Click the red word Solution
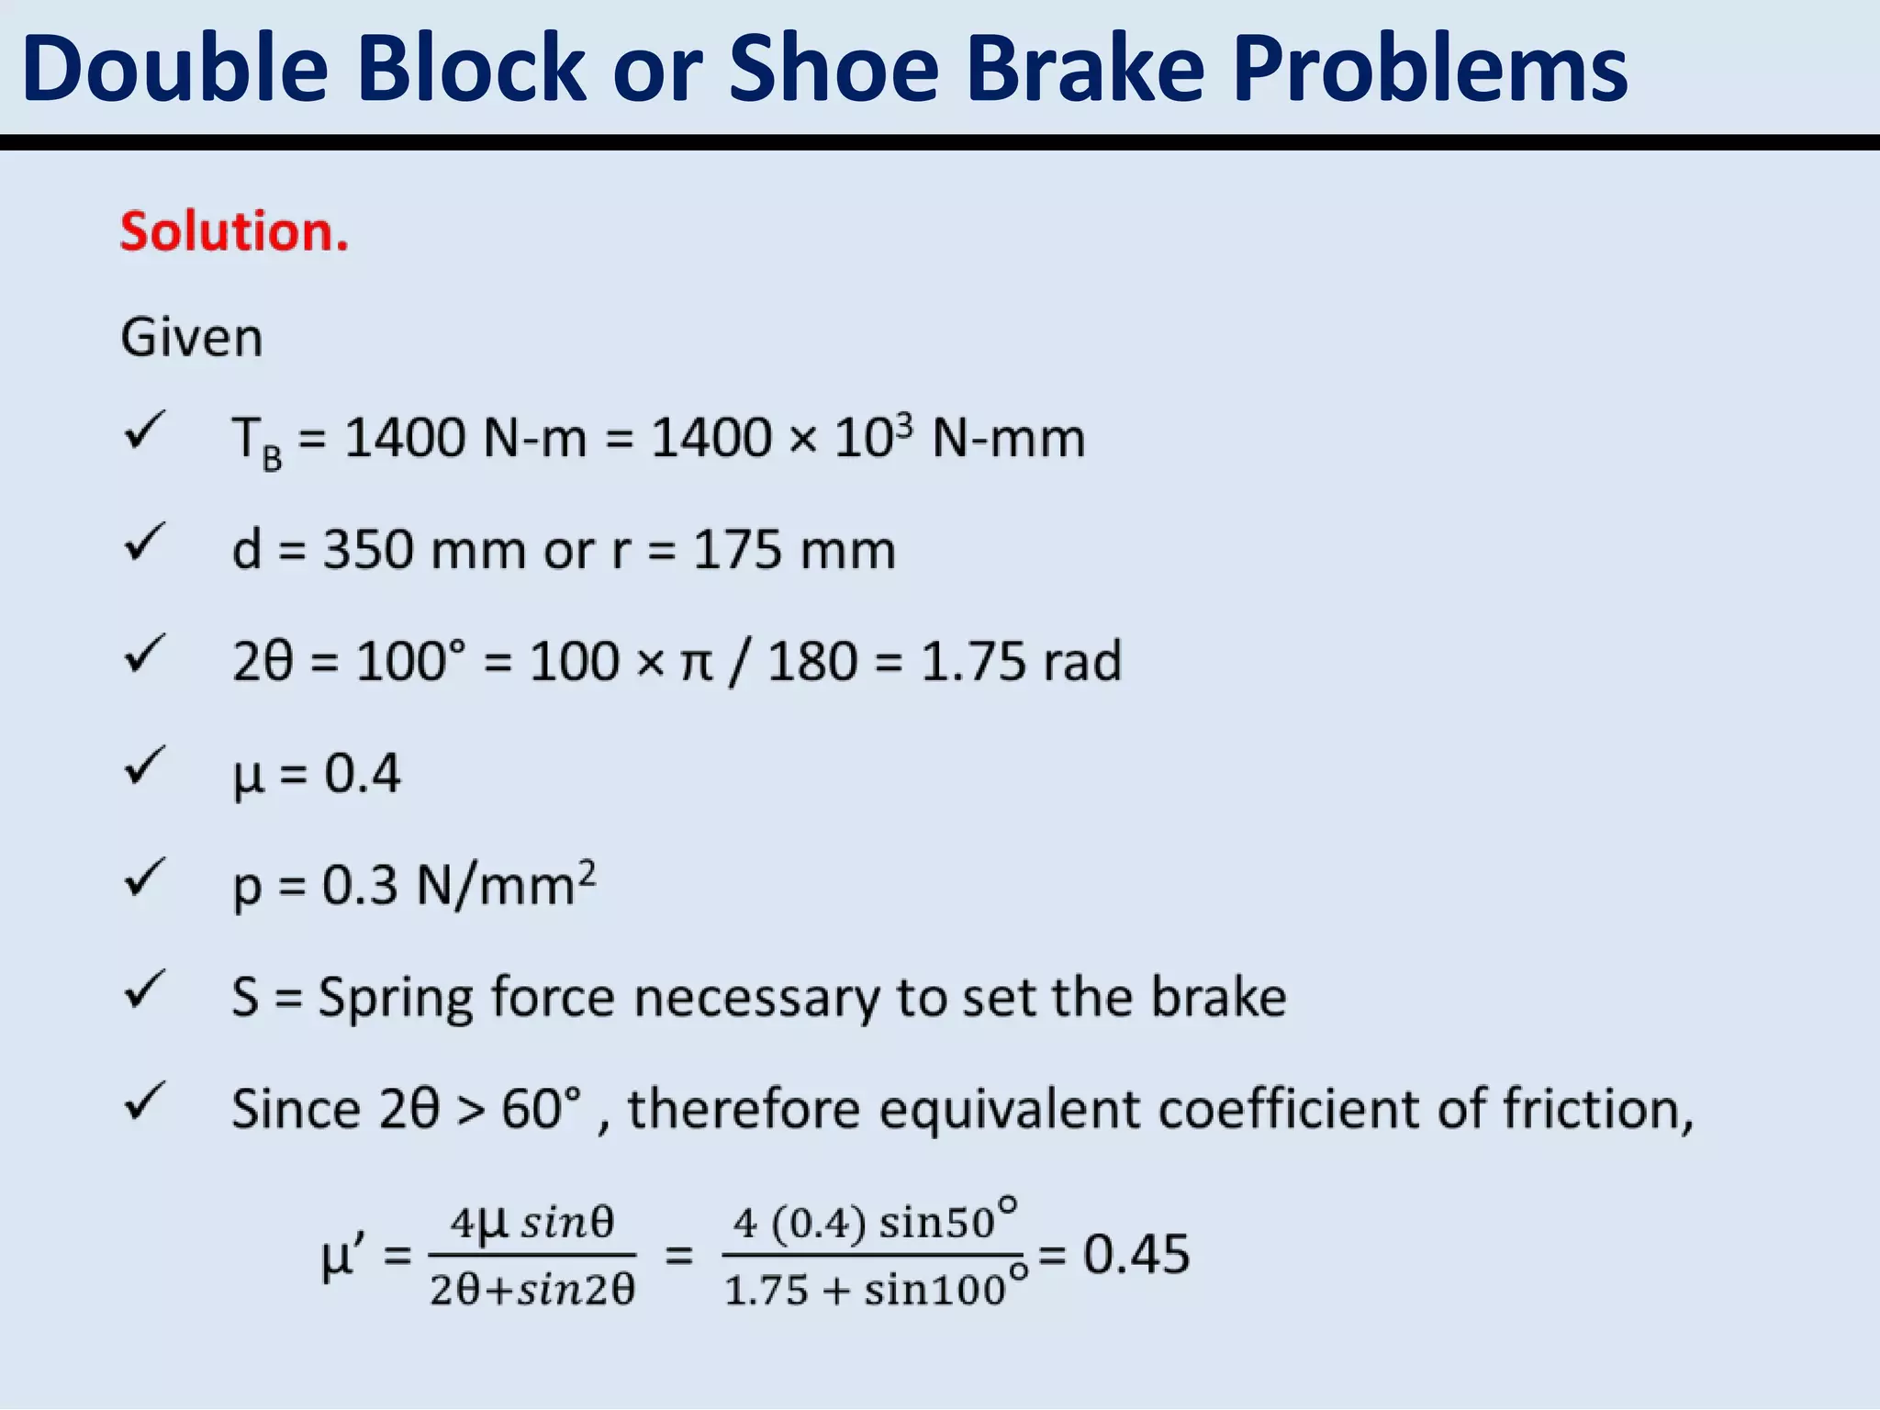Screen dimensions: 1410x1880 (x=234, y=231)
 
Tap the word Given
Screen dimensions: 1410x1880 (x=191, y=338)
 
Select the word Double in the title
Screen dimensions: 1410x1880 (x=175, y=69)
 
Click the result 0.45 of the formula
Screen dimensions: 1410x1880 (x=1136, y=1255)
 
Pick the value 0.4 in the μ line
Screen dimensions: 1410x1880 (x=363, y=774)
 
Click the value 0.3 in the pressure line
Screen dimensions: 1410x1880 (x=360, y=887)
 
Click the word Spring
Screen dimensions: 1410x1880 (x=396, y=999)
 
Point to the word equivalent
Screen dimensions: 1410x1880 (x=1011, y=1109)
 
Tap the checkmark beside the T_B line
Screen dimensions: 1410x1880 (x=144, y=431)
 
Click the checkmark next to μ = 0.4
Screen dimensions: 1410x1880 (x=144, y=767)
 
